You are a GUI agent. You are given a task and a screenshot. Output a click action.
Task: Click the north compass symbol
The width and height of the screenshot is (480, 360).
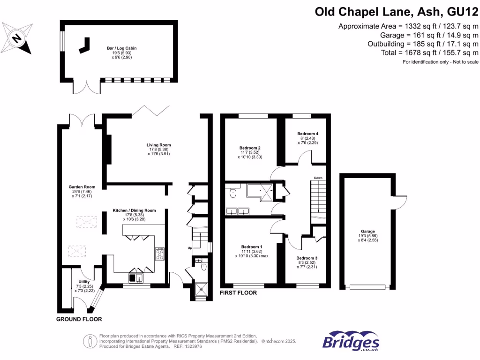point(17,37)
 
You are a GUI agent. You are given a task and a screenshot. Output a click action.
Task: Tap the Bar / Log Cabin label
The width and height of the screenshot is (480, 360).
point(121,48)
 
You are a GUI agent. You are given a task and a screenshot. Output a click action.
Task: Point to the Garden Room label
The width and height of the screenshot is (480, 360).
point(80,187)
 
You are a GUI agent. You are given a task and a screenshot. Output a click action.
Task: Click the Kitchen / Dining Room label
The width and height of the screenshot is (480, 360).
point(134,210)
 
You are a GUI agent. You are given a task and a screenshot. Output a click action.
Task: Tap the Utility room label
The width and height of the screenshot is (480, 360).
point(83,282)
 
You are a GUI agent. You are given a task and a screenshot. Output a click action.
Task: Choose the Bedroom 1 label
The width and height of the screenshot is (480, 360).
point(252,247)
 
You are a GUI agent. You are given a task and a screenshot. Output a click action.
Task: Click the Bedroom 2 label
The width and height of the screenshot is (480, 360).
point(250,148)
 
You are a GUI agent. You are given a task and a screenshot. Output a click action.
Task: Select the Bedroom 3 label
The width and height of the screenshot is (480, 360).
point(307,258)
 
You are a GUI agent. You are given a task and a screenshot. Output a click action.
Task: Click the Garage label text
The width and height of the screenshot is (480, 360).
point(368,231)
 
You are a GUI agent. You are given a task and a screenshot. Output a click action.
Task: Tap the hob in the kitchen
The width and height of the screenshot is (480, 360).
point(159,254)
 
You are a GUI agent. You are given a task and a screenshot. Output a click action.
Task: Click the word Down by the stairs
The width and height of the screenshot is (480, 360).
point(318,178)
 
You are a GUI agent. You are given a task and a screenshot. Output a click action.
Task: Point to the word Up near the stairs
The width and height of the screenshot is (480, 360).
point(189,247)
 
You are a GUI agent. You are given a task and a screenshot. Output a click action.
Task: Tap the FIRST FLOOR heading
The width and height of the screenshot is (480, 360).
point(239,293)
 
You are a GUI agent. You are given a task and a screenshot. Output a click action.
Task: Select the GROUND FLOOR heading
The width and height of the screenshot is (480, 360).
point(79,319)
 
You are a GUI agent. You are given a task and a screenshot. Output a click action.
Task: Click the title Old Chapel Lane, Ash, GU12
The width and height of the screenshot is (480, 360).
point(396,11)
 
